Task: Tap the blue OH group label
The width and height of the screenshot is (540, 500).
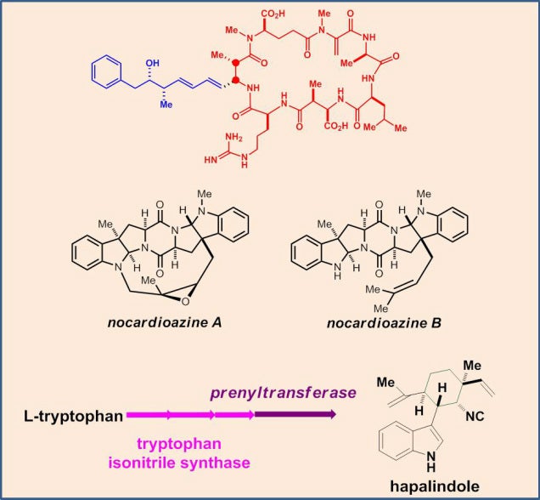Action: coord(152,63)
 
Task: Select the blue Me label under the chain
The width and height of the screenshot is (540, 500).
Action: coord(166,104)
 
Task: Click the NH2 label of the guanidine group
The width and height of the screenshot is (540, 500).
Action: coord(233,137)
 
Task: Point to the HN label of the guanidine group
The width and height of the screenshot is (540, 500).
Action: coord(211,160)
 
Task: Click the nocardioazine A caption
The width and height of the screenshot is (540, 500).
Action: coord(165,323)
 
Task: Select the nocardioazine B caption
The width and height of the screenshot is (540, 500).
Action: coord(384,323)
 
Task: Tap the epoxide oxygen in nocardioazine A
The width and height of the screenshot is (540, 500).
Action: coord(185,302)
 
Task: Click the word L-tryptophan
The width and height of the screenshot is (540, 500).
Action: coord(73,416)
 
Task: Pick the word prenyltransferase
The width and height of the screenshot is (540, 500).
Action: coord(283,393)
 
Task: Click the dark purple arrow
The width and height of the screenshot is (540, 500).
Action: coord(295,414)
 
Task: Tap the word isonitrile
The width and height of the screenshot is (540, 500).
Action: coord(143,463)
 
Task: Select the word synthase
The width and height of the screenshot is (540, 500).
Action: coord(216,463)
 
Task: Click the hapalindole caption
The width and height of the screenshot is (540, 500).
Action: coord(435,486)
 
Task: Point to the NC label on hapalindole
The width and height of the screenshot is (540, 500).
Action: coord(475,416)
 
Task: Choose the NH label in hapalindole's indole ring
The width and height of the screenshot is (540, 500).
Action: coord(430,462)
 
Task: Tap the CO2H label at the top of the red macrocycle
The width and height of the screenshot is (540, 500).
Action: coord(273,14)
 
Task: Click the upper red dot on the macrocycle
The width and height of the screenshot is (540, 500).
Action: coord(236,63)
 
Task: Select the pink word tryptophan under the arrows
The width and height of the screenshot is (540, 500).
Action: coord(179,444)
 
